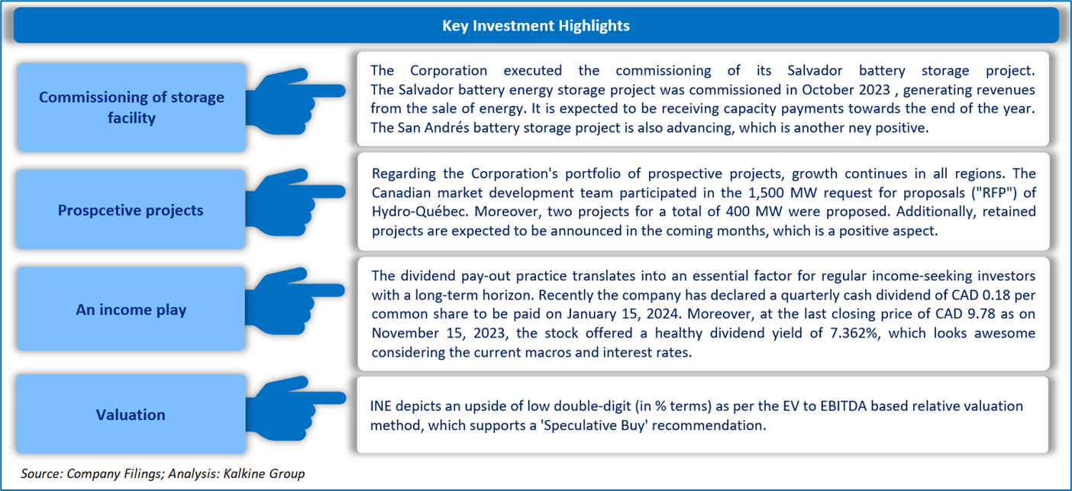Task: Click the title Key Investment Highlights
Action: coord(535,25)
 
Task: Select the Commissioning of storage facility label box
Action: coord(131,107)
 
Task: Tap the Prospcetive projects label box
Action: coord(131,209)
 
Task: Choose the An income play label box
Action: coord(131,308)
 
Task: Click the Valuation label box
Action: coord(131,414)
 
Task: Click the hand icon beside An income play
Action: coord(295,301)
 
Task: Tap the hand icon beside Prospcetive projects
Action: coord(295,202)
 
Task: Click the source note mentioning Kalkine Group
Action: coord(163,473)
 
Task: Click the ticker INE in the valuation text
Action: coord(380,405)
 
